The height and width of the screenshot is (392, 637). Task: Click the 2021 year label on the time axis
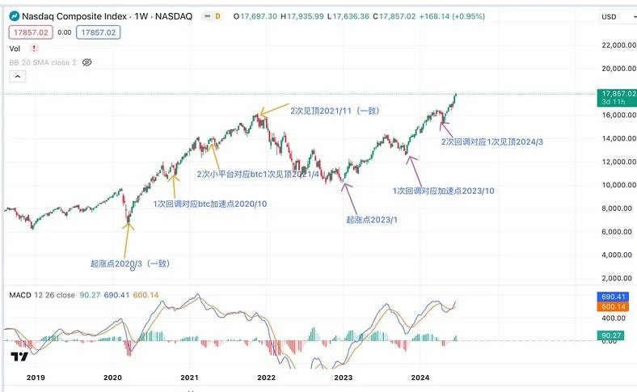[189, 377]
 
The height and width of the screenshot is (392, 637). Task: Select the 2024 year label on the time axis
[420, 377]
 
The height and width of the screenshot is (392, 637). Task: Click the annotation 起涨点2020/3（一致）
[129, 263]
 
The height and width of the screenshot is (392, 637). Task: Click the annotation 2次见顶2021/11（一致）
[335, 110]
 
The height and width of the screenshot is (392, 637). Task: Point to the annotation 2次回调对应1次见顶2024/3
[491, 142]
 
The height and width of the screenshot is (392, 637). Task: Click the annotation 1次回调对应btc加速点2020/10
[210, 204]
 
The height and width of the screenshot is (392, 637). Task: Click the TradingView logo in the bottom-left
[17, 356]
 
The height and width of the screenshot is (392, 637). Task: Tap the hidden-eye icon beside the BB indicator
[88, 61]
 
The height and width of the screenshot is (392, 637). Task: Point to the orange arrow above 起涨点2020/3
[127, 234]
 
